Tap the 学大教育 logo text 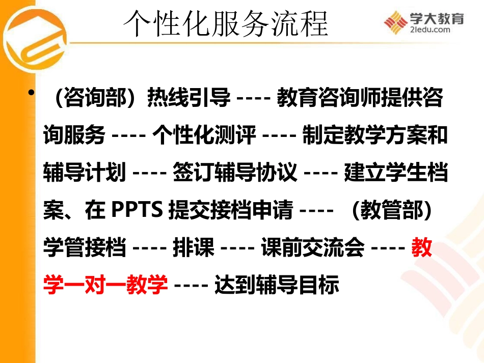(x=437, y=19)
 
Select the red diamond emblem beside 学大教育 (x=396, y=22)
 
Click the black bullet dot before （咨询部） (x=34, y=93)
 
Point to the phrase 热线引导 (x=188, y=98)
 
